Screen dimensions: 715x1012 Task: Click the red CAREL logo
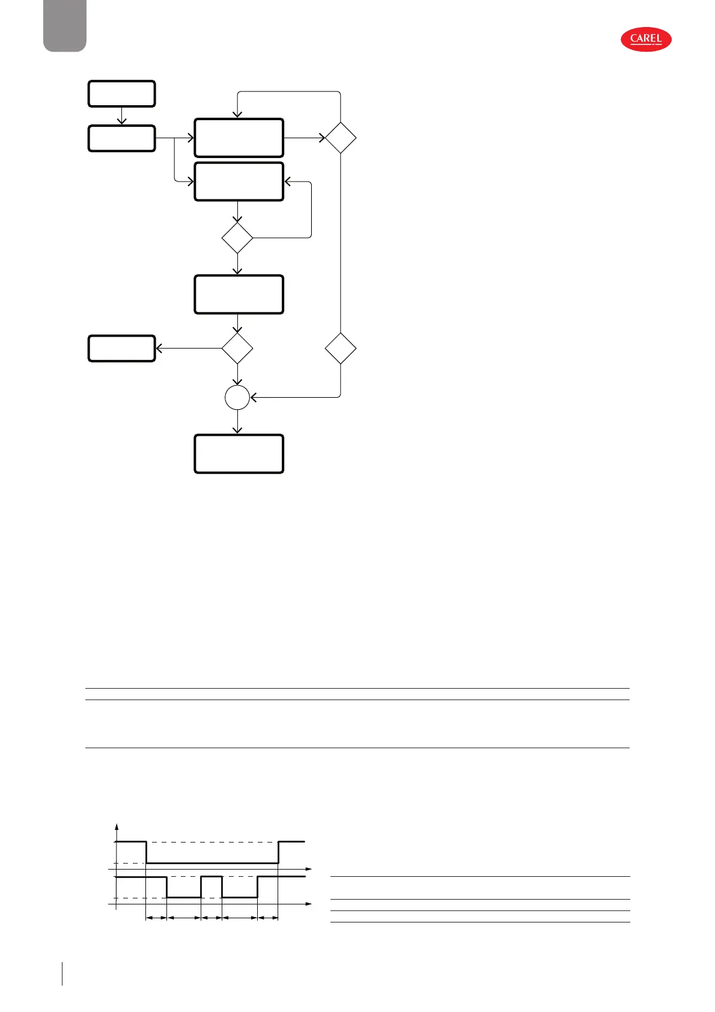(x=646, y=40)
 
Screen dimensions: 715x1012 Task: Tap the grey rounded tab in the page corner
(x=65, y=25)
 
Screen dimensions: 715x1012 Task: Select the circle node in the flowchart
(x=237, y=398)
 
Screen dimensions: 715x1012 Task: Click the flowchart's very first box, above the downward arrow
(x=122, y=94)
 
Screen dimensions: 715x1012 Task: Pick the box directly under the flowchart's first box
(x=122, y=138)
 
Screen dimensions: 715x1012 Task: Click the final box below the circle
(x=239, y=454)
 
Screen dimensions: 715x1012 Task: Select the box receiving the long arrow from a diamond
(x=122, y=349)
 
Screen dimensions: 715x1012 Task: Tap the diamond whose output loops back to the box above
(x=237, y=238)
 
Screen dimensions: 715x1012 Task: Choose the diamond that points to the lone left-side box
(x=237, y=349)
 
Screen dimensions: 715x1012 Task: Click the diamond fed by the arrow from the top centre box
(x=341, y=138)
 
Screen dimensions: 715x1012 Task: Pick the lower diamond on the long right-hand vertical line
(x=341, y=349)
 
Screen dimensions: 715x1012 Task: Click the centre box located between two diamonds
(x=239, y=294)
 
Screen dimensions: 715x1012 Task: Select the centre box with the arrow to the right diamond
(x=239, y=138)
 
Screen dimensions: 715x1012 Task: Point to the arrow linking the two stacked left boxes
(x=122, y=116)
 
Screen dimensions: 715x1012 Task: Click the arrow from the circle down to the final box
(x=237, y=422)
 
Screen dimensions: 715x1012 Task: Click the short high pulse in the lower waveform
(x=211, y=877)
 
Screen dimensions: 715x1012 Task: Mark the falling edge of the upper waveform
(x=147, y=852)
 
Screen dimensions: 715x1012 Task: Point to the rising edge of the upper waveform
(x=278, y=852)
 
